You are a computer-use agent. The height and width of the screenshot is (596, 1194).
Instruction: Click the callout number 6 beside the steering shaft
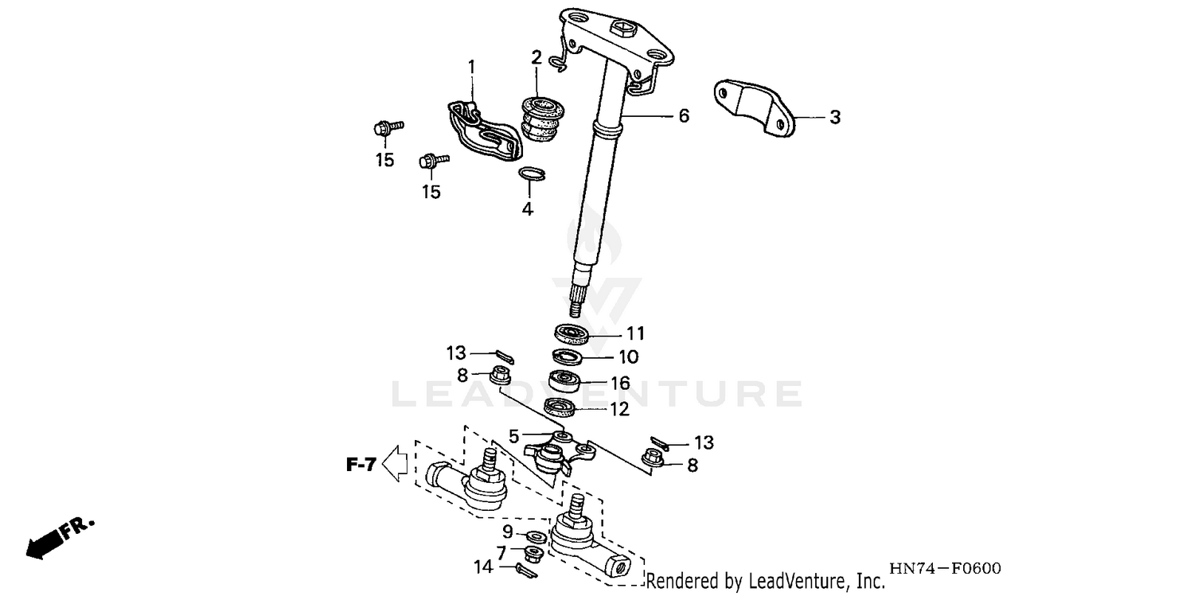pyautogui.click(x=683, y=116)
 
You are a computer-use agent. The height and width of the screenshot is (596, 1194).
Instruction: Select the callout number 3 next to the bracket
pyautogui.click(x=834, y=118)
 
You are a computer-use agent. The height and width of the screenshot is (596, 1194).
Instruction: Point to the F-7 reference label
pyautogui.click(x=360, y=465)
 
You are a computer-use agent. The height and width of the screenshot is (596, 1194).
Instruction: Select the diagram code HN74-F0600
pyautogui.click(x=944, y=569)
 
